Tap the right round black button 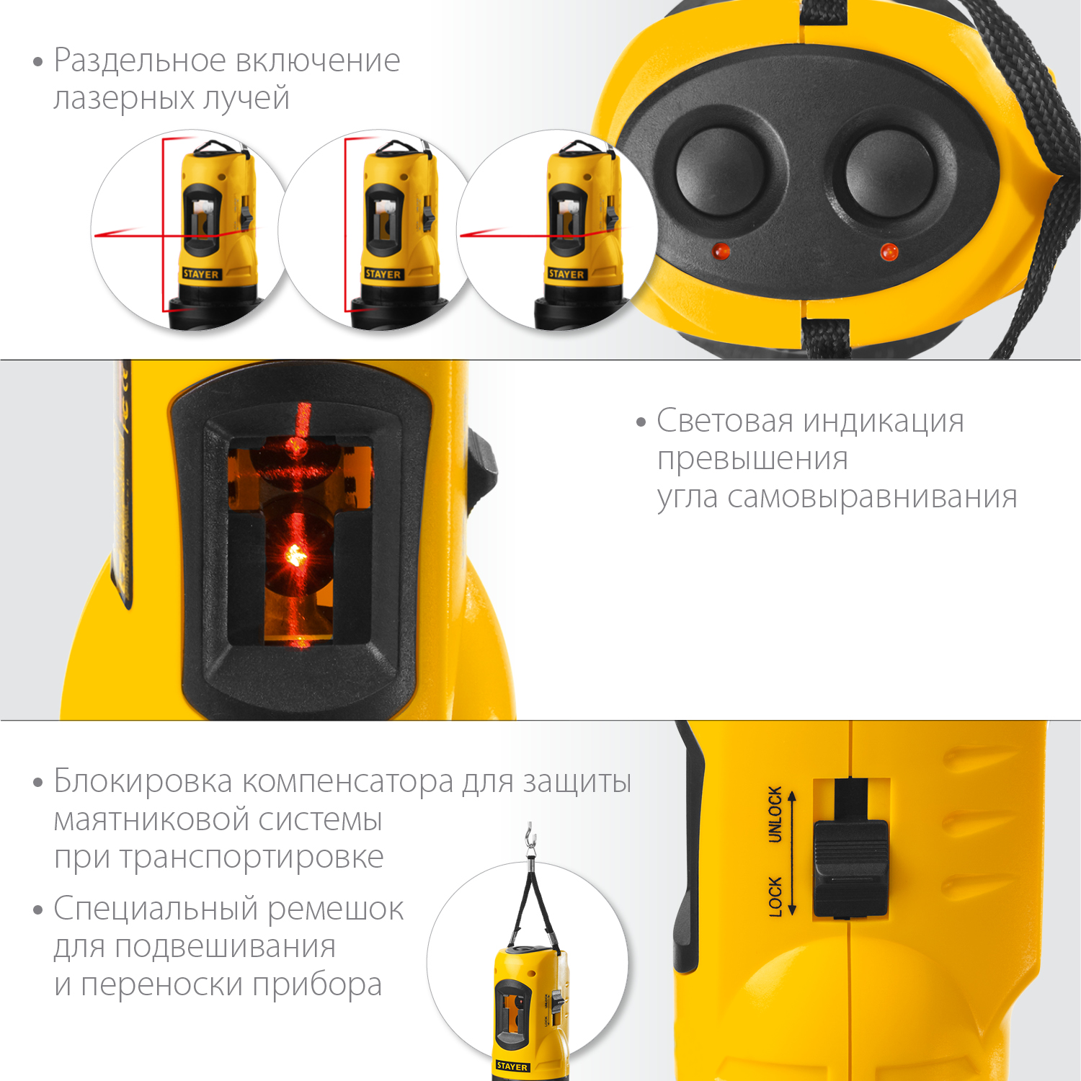(889, 173)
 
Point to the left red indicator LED (721, 252)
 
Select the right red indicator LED (889, 252)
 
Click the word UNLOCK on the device (775, 814)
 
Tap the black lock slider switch (850, 868)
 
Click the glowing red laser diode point (295, 555)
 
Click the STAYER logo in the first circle (201, 274)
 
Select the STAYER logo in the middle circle (383, 274)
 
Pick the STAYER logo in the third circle (566, 274)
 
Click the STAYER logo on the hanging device (512, 1066)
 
